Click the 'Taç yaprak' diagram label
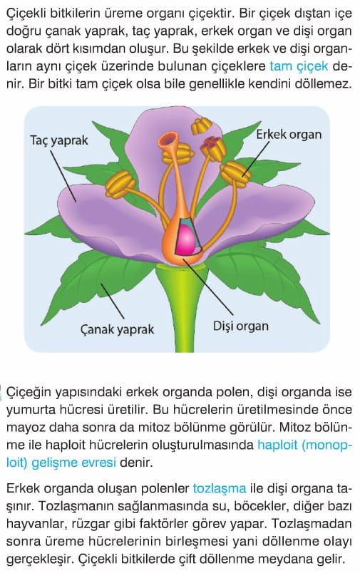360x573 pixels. tap(59, 140)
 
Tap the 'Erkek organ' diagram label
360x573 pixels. tap(289, 134)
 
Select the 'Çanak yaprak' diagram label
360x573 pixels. tap(117, 329)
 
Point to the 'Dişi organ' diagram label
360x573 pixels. tap(240, 326)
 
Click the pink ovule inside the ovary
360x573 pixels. tap(186, 239)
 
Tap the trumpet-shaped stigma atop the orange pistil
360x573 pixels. tap(168, 139)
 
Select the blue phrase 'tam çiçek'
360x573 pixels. tap(299, 66)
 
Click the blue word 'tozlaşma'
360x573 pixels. tap(220, 488)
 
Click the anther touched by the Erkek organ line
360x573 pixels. tap(236, 172)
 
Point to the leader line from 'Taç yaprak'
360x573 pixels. tap(63, 175)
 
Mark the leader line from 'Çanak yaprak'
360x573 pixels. tap(113, 301)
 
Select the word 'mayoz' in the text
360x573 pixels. tap(25, 428)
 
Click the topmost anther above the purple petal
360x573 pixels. tap(201, 125)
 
